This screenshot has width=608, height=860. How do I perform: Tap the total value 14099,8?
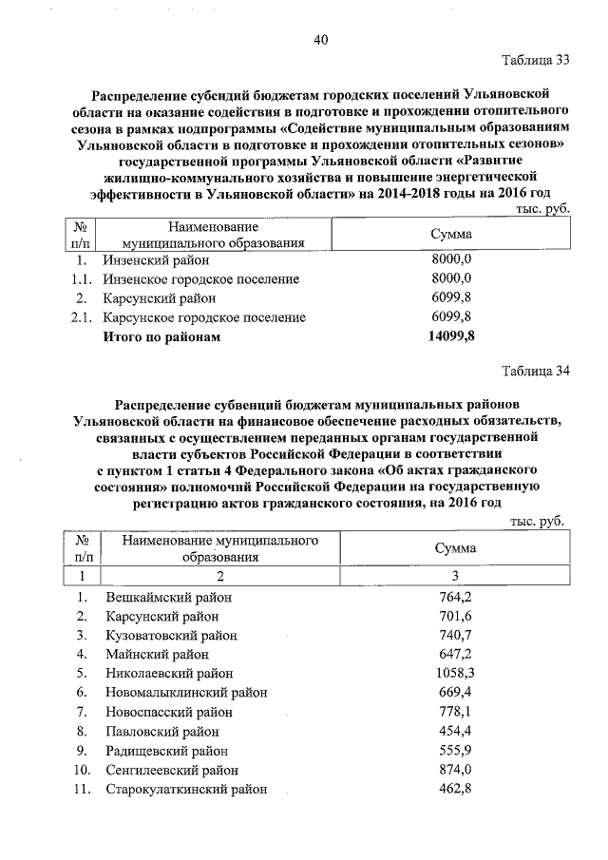click(x=451, y=336)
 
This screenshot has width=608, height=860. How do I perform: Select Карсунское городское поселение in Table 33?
click(x=204, y=317)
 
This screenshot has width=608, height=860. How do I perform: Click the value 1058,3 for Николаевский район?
click(x=453, y=673)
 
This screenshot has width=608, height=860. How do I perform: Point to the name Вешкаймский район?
click(x=169, y=597)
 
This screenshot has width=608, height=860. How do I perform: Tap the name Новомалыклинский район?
click(x=186, y=693)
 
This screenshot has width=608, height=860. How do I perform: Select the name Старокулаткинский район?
click(x=186, y=789)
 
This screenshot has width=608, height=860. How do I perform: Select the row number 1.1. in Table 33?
click(x=82, y=279)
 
